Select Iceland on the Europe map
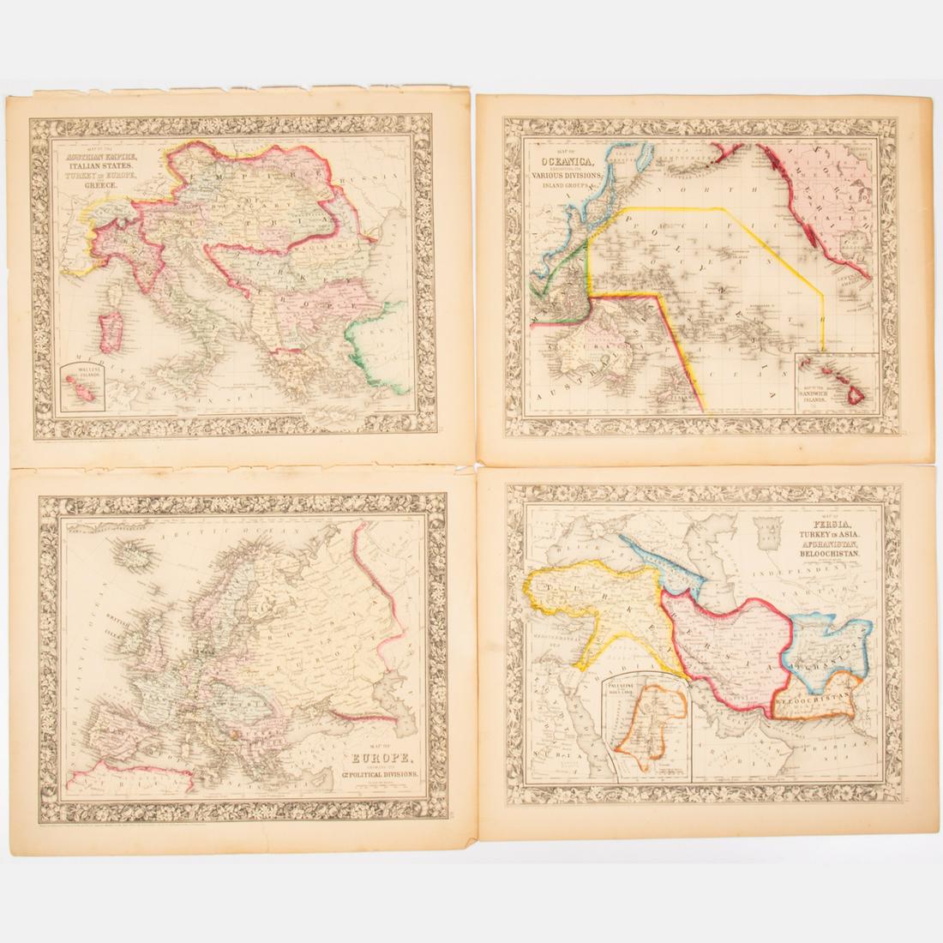(130, 558)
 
